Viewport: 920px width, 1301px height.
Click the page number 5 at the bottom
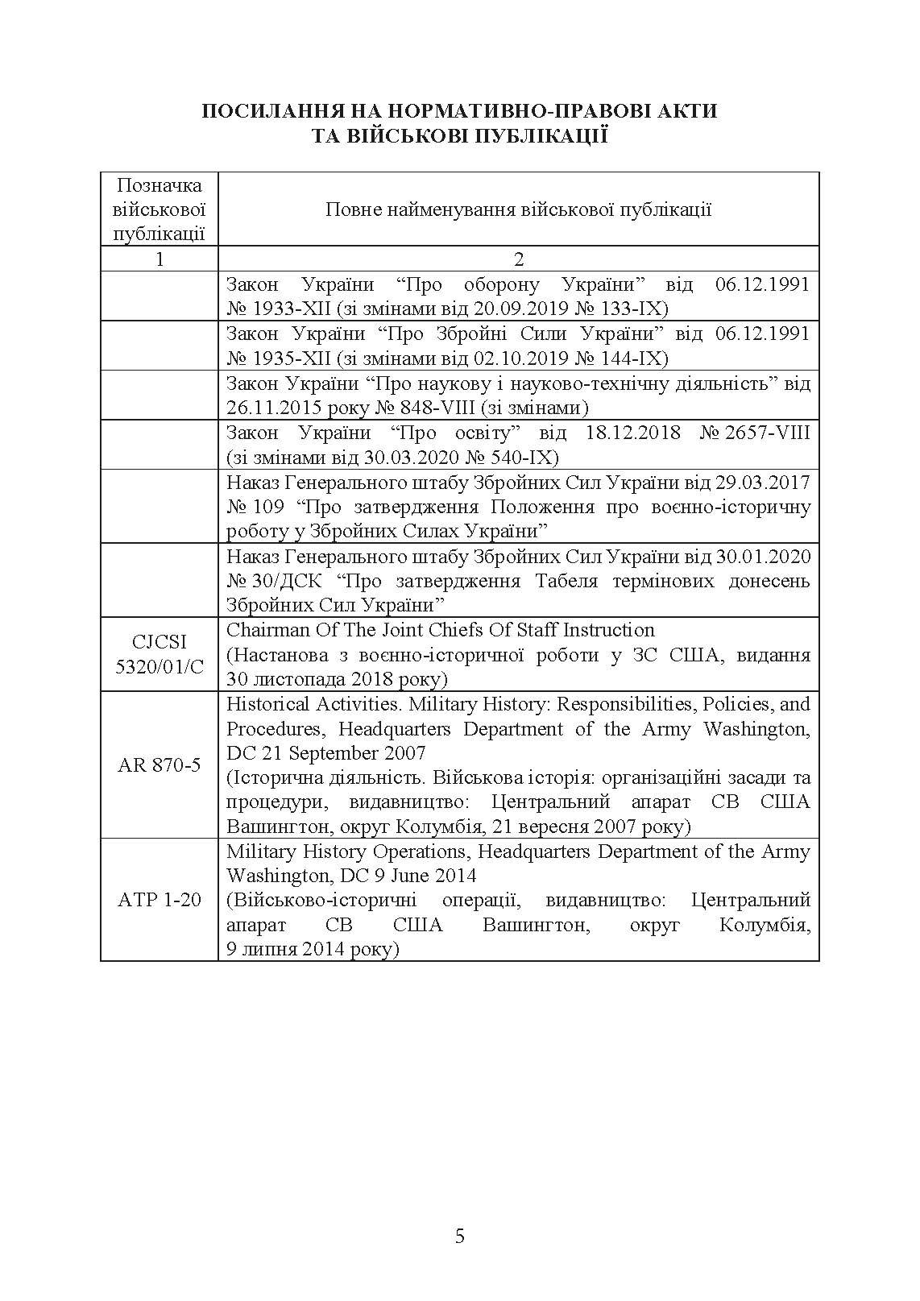pyautogui.click(x=460, y=1236)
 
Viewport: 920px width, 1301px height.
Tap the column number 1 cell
pyautogui.click(x=160, y=259)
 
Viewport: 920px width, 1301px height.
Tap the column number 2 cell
pyautogui.click(x=519, y=259)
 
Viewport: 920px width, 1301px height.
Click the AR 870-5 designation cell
pyautogui.click(x=160, y=764)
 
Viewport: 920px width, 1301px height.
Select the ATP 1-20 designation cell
pyautogui.click(x=160, y=900)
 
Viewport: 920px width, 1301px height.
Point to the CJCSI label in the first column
pyautogui.click(x=160, y=642)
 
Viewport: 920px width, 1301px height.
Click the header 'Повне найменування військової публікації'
pyautogui.click(x=519, y=210)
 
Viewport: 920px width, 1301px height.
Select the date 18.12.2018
pyautogui.click(x=632, y=433)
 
